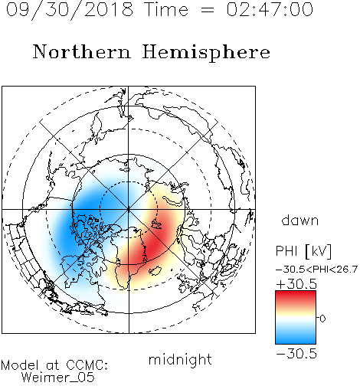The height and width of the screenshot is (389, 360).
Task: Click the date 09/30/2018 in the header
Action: point(70,10)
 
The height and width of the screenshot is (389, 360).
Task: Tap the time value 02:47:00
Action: point(270,10)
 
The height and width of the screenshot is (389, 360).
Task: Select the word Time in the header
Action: point(166,10)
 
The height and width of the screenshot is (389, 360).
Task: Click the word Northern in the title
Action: point(82,51)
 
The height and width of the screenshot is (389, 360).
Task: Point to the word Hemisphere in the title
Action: point(206,53)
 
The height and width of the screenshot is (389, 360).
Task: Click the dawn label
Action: point(300,220)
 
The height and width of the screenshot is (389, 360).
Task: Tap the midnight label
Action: point(180,359)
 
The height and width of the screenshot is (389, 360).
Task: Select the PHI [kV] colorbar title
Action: point(303,251)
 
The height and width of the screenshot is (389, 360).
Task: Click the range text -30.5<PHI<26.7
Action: point(316,270)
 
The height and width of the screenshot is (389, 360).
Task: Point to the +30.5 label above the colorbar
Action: point(296,284)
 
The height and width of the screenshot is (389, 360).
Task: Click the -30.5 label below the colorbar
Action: point(296,354)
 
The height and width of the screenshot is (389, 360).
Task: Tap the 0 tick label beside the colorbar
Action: point(322,319)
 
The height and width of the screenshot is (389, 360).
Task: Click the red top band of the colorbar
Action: point(296,297)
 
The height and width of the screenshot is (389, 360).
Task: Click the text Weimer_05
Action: point(58,378)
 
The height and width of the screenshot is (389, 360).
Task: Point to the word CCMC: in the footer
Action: point(87,365)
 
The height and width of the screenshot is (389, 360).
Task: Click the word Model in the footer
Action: point(21,365)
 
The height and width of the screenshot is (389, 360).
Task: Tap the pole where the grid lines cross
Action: point(129,210)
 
